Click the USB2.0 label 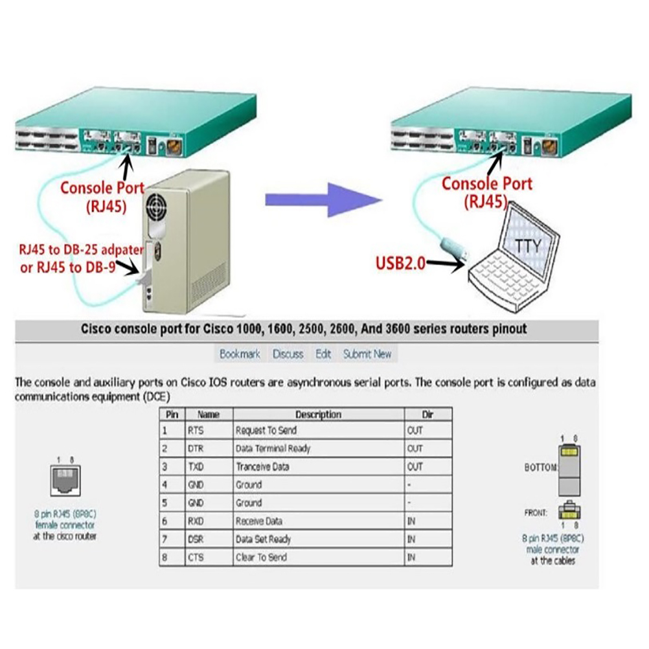coord(401,264)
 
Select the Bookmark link coord(240,354)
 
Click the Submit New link coord(367,354)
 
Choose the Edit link coord(323,354)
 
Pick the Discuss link coord(288,354)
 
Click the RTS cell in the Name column coord(196,430)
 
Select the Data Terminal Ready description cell coord(273,448)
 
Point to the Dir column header coord(427,414)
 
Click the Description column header coord(318,414)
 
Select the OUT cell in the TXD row coord(415,466)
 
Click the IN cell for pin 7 coord(411,539)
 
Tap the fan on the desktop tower coord(159,207)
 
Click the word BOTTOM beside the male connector coord(540,468)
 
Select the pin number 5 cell coord(166,503)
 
